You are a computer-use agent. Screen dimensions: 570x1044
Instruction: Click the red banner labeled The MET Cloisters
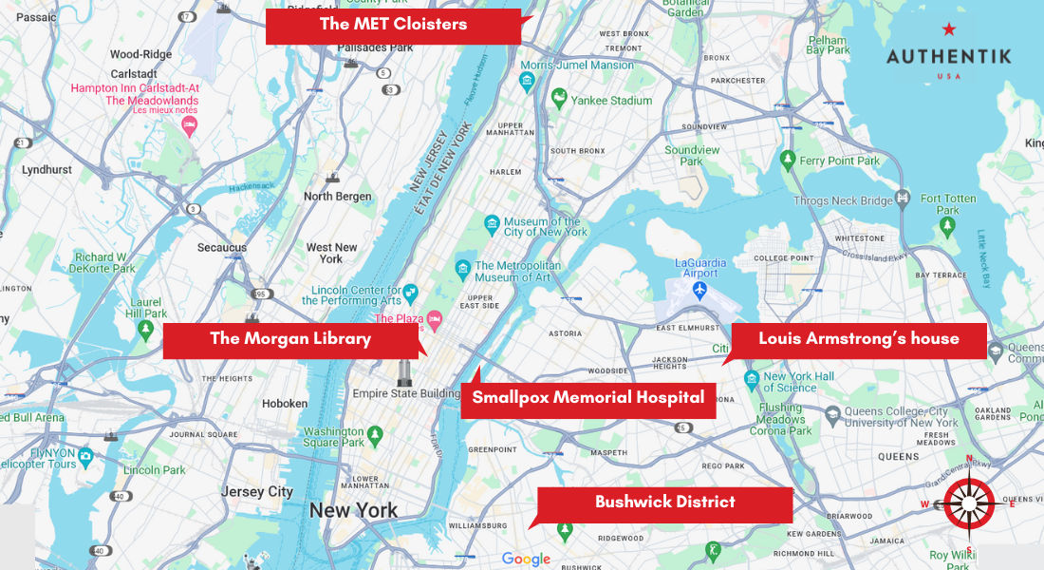(x=393, y=26)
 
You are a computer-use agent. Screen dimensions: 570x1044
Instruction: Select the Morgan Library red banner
(x=289, y=339)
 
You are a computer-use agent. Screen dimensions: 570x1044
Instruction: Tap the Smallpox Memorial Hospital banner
(x=587, y=398)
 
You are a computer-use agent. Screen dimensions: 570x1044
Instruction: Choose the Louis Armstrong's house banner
(x=858, y=339)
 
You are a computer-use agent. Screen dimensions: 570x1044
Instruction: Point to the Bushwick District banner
(x=664, y=503)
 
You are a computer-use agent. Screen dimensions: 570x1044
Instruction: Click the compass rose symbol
(x=969, y=503)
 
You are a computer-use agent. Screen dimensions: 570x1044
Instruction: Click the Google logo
(x=526, y=560)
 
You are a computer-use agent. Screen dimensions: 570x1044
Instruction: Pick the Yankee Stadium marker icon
(x=560, y=98)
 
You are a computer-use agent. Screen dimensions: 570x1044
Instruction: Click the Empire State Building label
(x=406, y=393)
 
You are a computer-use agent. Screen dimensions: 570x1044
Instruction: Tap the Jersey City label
(x=257, y=492)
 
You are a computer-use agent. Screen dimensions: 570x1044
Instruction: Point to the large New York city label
(x=353, y=511)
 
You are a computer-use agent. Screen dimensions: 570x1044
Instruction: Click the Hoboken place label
(x=285, y=404)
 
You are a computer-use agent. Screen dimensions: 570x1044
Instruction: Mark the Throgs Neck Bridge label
(x=843, y=200)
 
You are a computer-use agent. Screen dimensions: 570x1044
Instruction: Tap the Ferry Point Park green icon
(x=787, y=159)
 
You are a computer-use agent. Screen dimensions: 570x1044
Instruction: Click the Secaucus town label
(x=222, y=248)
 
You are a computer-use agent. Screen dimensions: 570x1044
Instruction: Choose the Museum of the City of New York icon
(x=492, y=224)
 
